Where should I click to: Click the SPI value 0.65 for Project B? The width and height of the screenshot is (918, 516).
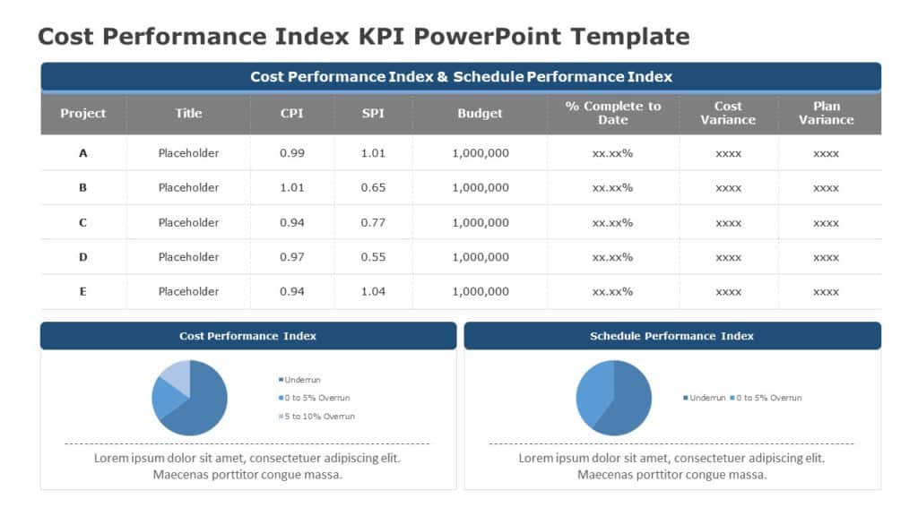tap(373, 188)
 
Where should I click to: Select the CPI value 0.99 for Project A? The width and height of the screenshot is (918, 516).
tap(292, 153)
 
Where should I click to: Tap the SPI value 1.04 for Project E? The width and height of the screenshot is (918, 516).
tap(373, 291)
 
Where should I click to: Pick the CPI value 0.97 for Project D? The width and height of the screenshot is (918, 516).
tap(292, 257)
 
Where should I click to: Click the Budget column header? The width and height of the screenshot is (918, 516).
tap(481, 114)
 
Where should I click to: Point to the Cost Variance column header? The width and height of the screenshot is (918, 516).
tap(728, 113)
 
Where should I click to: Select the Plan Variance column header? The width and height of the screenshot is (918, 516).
tap(826, 113)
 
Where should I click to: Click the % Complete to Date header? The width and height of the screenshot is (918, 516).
tap(613, 113)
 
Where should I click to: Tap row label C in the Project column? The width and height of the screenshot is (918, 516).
tap(83, 222)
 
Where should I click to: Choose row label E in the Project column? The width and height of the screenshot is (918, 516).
tap(83, 291)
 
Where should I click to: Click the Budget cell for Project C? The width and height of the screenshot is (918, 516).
tap(481, 222)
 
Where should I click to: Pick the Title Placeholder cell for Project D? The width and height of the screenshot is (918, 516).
tap(188, 257)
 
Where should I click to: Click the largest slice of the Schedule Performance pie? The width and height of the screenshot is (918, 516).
tap(628, 403)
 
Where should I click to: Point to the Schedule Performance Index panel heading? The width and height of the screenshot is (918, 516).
tap(671, 336)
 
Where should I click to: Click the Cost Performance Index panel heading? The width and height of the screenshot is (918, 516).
tap(247, 336)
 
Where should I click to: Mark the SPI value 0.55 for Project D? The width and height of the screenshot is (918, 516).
tap(373, 257)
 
